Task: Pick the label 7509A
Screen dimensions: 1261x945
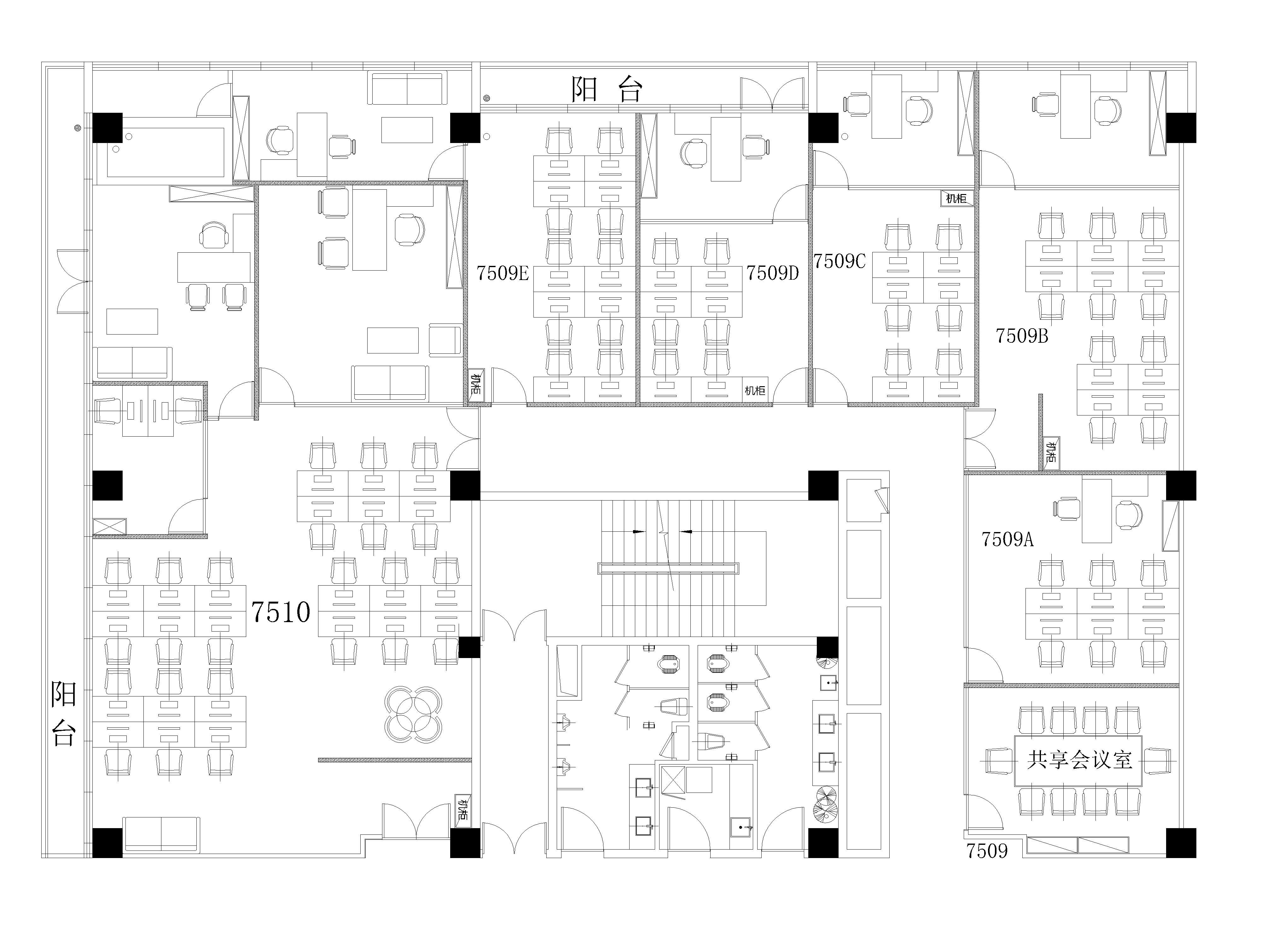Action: pos(1007,539)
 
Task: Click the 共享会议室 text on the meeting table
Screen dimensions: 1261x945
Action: pos(1079,760)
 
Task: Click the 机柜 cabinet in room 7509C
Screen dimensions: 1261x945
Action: pos(956,198)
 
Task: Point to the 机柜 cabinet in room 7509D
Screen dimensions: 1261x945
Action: pos(755,390)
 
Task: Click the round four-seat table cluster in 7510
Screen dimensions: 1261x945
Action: pos(413,714)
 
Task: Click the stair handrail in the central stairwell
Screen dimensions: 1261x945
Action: pos(668,568)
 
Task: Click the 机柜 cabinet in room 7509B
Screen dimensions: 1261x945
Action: pos(1051,453)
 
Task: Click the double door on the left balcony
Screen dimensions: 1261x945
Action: pos(73,281)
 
